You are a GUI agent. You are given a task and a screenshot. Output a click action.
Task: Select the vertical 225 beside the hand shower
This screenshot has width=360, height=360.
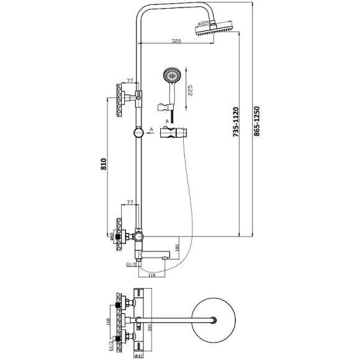190,92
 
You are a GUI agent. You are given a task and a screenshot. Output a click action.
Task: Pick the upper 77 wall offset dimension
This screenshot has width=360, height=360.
131,81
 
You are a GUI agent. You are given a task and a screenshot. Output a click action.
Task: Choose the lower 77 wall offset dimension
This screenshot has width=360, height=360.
131,203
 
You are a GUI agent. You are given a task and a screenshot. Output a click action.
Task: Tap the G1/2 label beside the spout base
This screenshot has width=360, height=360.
131,265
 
